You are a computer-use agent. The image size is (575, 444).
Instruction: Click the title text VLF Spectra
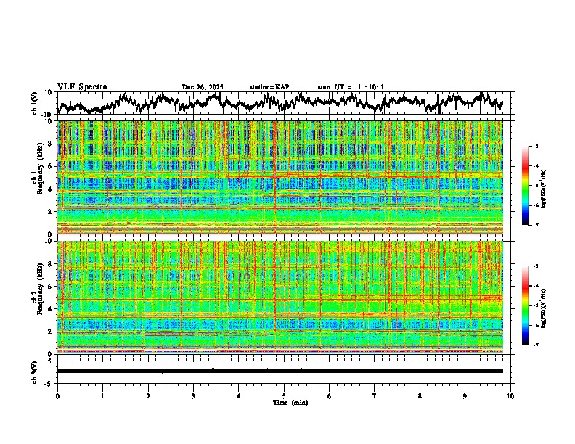click(x=82, y=86)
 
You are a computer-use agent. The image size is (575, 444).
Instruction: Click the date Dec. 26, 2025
click(x=203, y=87)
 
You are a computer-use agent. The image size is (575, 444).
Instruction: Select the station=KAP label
click(x=269, y=87)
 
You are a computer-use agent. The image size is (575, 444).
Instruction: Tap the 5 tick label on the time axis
click(x=284, y=395)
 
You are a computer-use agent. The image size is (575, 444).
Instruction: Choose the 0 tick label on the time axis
click(x=57, y=395)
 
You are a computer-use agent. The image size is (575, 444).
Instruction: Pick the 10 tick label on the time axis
click(x=510, y=395)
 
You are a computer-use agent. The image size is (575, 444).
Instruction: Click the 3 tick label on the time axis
click(x=193, y=395)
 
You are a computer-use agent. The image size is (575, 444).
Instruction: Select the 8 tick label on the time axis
click(x=420, y=395)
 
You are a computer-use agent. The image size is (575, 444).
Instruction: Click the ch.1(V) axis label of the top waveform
click(x=35, y=102)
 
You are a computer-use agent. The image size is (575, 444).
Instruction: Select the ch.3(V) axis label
click(x=35, y=370)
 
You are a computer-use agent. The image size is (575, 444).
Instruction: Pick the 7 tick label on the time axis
click(x=375, y=395)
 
